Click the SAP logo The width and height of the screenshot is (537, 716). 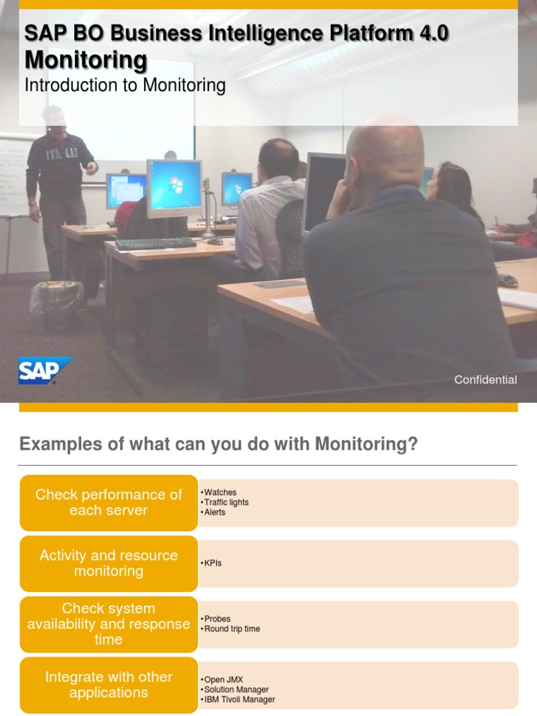45,371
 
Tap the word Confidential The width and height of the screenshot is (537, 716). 485,380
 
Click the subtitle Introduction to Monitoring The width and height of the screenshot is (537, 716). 124,85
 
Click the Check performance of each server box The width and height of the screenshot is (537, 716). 108,502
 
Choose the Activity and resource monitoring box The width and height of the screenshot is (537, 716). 108,563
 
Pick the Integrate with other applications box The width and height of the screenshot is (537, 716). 108,685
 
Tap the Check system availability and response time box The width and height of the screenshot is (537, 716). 108,624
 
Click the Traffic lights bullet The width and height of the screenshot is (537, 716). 224,502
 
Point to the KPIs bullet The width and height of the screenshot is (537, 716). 211,563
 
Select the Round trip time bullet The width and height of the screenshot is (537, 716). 230,629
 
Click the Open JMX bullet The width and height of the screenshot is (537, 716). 222,680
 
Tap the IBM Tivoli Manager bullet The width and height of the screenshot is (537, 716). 238,699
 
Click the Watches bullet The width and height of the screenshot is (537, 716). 219,492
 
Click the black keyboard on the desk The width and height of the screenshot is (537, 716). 156,243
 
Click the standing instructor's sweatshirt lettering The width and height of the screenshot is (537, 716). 62,155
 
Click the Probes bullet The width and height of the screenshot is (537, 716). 215,619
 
